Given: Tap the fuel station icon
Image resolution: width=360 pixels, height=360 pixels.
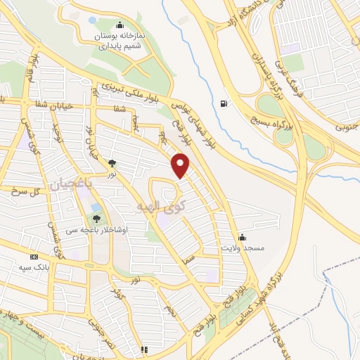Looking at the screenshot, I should click(x=224, y=104).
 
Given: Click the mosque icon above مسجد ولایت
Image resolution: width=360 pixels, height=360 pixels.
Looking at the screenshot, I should click(x=242, y=237).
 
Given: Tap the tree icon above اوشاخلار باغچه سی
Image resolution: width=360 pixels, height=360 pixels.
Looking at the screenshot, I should click(x=96, y=219).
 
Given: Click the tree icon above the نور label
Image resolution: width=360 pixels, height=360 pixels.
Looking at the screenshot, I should click(x=111, y=163).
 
